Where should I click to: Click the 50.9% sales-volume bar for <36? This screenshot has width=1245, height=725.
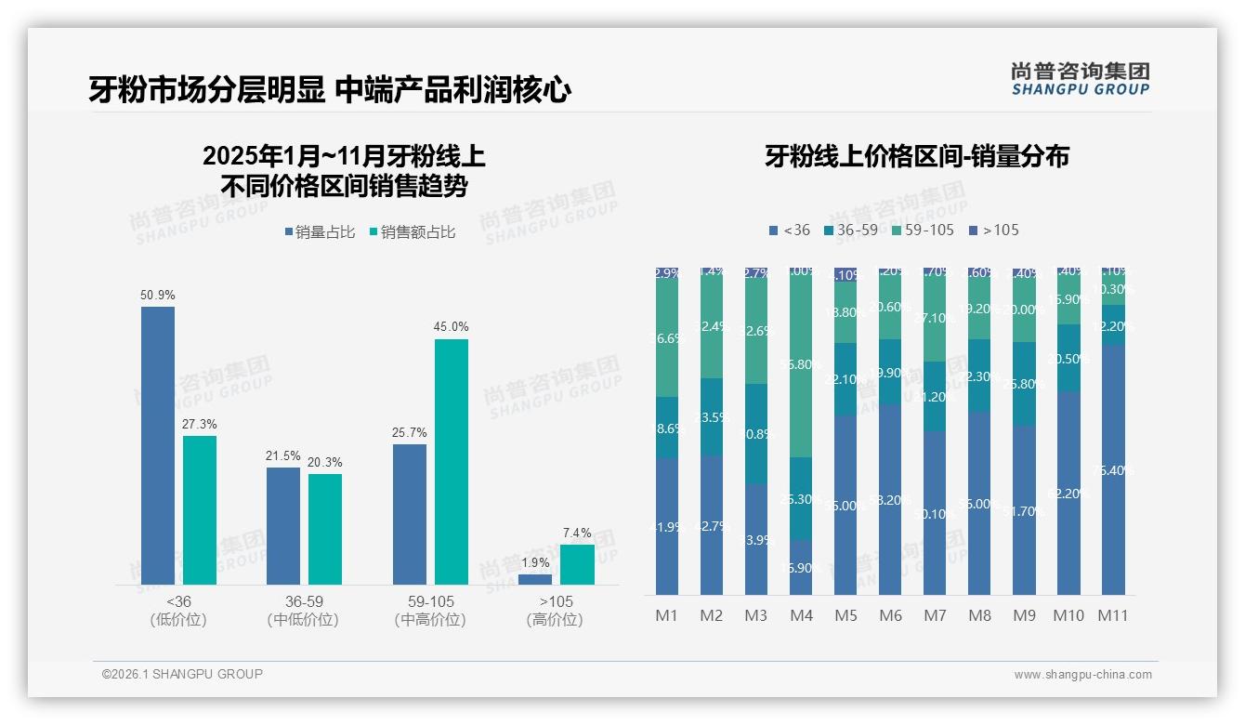coord(158,445)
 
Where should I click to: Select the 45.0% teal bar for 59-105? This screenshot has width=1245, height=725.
coord(452,461)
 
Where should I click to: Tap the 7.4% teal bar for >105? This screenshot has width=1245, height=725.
coord(577,564)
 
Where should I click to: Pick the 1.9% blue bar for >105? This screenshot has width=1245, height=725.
coord(535,579)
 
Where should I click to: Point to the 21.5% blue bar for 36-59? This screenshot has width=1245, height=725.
coord(283,525)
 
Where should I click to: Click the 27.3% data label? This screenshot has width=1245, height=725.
coord(200,424)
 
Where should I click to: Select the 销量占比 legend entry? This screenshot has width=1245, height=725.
coord(320,232)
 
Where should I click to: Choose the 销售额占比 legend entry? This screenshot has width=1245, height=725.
coord(413,232)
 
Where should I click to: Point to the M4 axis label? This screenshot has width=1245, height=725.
coord(801,615)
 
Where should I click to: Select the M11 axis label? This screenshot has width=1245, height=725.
coord(1113,615)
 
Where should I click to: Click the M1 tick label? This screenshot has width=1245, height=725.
coord(667,615)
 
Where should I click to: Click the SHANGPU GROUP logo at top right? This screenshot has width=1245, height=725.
coord(1081,78)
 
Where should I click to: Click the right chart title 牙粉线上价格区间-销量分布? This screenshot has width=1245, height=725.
coord(917,156)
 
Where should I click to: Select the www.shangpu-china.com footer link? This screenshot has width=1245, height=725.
coord(1082,675)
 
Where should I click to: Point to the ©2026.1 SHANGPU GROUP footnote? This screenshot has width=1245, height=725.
coord(182,674)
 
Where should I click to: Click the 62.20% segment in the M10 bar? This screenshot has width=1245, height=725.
coord(1068,493)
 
